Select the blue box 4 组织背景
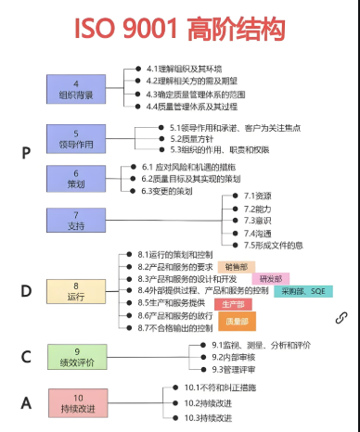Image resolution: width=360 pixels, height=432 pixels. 89,89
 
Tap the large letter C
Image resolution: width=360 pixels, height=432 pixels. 27,357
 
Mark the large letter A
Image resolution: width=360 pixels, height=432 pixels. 27,402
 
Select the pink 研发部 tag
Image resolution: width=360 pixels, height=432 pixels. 271,278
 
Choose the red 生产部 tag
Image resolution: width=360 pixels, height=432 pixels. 233,304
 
